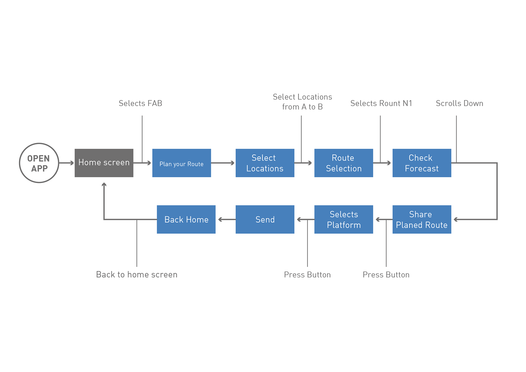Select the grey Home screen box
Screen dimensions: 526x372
[104, 163]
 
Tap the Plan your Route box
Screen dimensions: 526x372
[182, 163]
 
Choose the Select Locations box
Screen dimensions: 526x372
[265, 163]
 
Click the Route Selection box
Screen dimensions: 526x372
[344, 163]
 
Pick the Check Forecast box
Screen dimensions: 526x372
[422, 163]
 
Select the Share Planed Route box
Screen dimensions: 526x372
[422, 219]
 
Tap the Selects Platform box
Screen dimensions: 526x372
[344, 219]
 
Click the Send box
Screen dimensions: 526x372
[265, 219]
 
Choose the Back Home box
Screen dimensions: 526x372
[186, 219]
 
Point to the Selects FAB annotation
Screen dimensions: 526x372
[141, 103]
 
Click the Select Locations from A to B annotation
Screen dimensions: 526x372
[302, 102]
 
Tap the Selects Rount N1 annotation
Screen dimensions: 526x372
[381, 103]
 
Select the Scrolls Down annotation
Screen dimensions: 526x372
[459, 103]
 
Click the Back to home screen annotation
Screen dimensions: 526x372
[137, 274]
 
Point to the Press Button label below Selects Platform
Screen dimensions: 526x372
[307, 275]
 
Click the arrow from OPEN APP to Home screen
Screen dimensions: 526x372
[67, 163]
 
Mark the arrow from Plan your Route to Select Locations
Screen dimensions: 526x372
[223, 163]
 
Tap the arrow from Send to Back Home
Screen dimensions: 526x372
[227, 219]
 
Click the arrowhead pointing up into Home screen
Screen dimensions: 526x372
[104, 185]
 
